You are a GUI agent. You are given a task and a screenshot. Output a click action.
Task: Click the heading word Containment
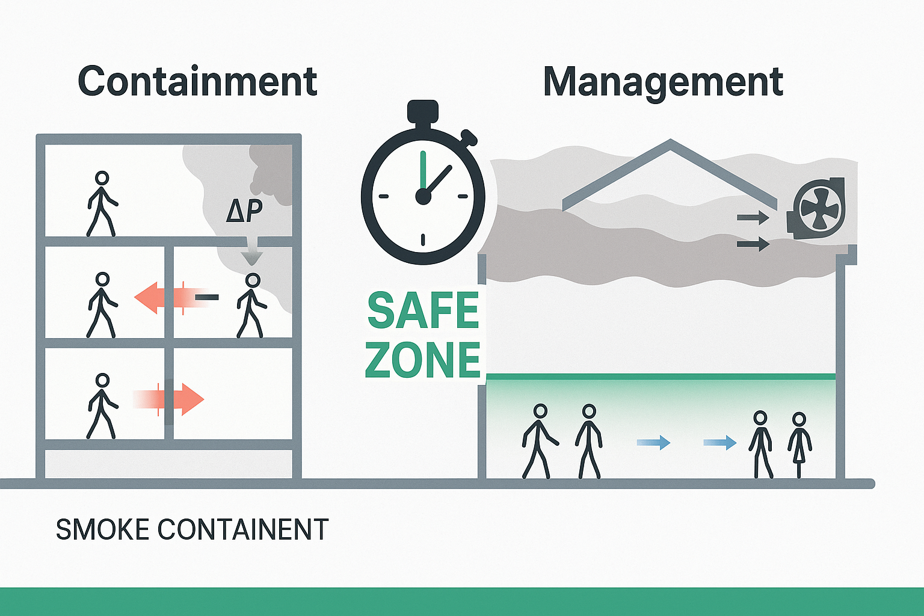(x=197, y=82)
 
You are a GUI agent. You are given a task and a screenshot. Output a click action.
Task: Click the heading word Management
(x=663, y=82)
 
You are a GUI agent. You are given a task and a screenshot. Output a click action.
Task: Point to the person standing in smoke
(x=251, y=305)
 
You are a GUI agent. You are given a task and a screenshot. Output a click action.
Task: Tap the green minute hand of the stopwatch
(x=423, y=171)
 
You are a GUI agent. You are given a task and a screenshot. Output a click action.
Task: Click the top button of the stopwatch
(x=423, y=112)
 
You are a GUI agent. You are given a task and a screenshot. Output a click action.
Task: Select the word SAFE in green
(x=422, y=311)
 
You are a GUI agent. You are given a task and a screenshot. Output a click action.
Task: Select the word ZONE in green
(x=422, y=360)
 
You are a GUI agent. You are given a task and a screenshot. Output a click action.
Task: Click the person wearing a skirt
(x=799, y=444)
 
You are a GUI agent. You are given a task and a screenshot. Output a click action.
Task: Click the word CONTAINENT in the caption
(x=243, y=530)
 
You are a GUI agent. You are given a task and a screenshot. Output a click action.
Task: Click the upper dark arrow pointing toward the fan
(x=753, y=217)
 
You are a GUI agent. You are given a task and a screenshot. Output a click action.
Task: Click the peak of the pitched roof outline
(x=670, y=142)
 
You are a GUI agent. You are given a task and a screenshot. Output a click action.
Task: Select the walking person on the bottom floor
(x=102, y=405)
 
